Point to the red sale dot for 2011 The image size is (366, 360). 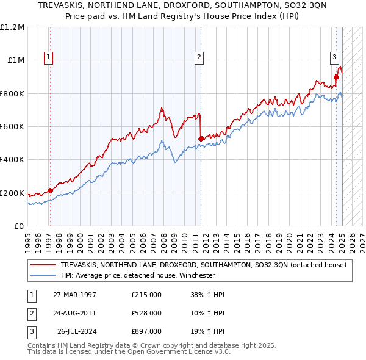click(201, 139)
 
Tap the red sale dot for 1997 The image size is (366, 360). click(51, 190)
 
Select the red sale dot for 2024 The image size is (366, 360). click(336, 77)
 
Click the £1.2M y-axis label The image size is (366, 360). click(12, 27)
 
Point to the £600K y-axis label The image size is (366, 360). click(12, 126)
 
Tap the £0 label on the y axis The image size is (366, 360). click(20, 226)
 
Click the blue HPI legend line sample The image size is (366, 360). click(43, 275)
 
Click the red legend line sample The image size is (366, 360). click(43, 265)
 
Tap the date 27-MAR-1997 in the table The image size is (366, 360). click(74, 295)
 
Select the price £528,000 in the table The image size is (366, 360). click(146, 313)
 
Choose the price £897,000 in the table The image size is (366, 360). click(146, 331)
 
